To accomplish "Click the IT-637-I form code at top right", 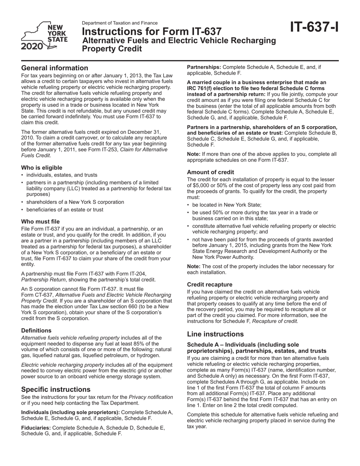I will (x=314, y=27).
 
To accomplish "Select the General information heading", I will (x=55, y=68).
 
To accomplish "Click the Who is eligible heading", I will (x=42, y=167).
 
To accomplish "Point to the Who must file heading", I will (x=40, y=221).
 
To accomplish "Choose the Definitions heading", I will (x=36, y=330).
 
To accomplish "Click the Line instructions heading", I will (x=215, y=334).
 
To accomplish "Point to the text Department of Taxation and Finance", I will (x=120, y=23).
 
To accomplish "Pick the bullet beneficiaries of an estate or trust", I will (x=64, y=210).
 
